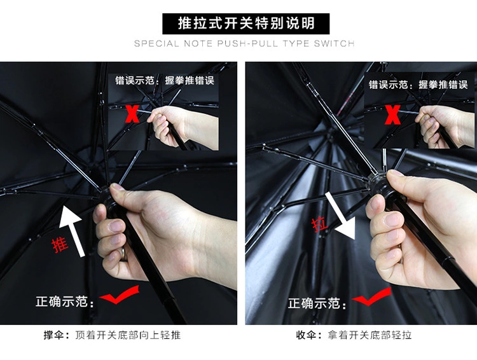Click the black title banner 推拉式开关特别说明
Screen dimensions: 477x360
tap(245, 24)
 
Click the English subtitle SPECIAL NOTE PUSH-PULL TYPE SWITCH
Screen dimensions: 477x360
tap(244, 43)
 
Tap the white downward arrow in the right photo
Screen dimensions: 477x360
tap(340, 215)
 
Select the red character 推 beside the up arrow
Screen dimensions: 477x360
tap(60, 246)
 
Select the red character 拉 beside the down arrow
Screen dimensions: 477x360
tap(319, 225)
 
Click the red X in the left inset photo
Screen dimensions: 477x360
tap(132, 114)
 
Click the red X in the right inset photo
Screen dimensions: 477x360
tap(392, 114)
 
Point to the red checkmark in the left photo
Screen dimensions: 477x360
tap(120, 294)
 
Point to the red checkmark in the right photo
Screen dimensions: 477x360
tap(371, 296)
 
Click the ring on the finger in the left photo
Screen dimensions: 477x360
tap(123, 254)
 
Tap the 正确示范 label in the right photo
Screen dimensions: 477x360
tap(317, 303)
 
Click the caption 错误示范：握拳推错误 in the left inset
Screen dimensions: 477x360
tap(165, 80)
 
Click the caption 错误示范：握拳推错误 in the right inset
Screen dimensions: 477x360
tap(418, 85)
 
